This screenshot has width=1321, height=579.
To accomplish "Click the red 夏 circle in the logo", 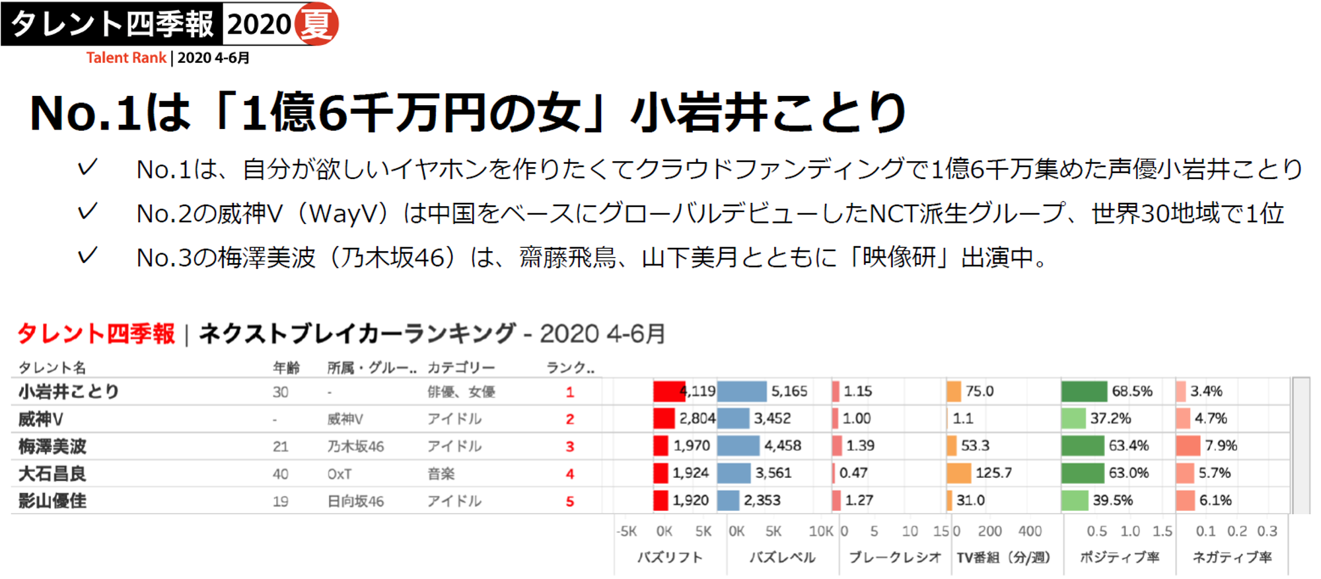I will [316, 24].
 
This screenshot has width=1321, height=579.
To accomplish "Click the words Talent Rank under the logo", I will [126, 58].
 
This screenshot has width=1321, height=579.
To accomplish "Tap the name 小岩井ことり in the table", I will [69, 392].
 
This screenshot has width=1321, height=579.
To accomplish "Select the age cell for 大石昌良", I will [281, 474].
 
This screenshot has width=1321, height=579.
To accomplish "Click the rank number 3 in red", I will [570, 447].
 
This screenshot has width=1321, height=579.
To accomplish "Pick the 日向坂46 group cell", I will [355, 502].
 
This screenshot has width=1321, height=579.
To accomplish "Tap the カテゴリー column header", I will [461, 367].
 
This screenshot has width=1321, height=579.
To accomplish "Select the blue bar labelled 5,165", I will [741, 391].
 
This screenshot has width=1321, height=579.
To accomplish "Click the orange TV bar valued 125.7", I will [958, 473].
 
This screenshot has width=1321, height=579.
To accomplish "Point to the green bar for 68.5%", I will [1084, 391].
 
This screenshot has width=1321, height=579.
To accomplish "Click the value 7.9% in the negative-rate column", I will [1221, 446].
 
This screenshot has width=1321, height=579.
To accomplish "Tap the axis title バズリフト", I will [670, 557].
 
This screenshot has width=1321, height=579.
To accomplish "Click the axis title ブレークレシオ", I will [895, 557].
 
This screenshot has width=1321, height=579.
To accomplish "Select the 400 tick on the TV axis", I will [1030, 531].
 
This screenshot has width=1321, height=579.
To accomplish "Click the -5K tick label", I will [626, 531].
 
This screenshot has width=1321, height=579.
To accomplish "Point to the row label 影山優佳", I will [53, 502].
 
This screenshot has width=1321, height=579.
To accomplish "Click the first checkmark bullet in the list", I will [87, 168].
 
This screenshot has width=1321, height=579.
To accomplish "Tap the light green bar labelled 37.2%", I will [1073, 418].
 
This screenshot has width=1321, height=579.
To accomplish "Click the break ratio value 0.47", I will [853, 473].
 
